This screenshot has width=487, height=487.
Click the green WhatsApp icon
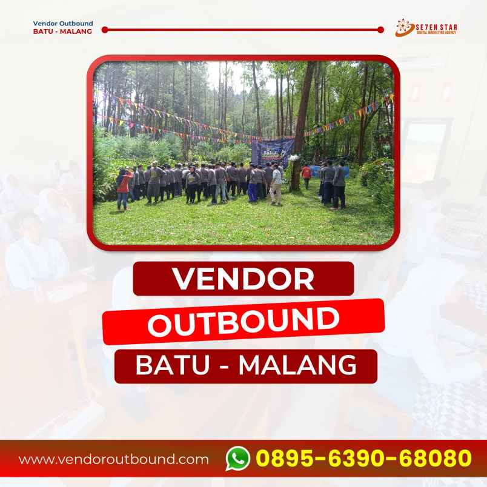coord(238,459)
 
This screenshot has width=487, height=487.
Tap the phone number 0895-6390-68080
coord(363,459)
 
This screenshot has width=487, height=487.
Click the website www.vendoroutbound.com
coord(114,459)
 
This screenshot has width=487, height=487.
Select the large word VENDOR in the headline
coord(243,279)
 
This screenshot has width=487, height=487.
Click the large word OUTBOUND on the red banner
coord(243,322)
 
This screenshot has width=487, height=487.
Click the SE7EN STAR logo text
coord(436,26)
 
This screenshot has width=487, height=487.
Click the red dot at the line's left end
coord(105,29)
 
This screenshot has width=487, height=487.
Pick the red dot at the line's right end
coord(380,29)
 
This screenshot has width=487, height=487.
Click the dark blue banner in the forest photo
coord(272,152)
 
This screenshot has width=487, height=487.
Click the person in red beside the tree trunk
coord(306,174)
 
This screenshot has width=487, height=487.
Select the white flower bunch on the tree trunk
coord(294,159)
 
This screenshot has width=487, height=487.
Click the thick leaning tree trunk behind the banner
coord(303,109)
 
